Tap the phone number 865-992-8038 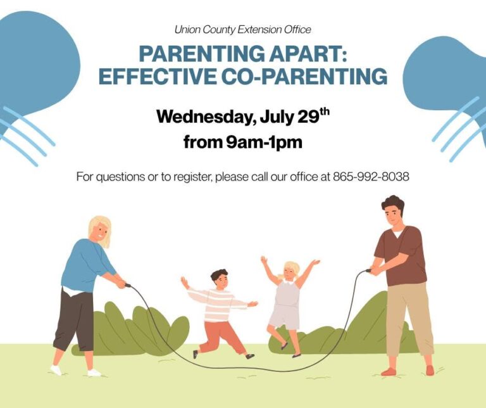coord(371,177)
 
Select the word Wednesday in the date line coord(206,117)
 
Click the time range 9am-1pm coord(264,143)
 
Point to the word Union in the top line coord(184,30)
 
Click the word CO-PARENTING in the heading coord(304,76)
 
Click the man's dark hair coord(393,204)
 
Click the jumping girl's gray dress coord(285,305)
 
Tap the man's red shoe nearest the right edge coord(430,370)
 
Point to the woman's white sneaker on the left coord(56,370)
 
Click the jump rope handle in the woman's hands coord(127,285)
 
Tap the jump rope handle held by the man coord(368,271)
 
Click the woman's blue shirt coord(85,266)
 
